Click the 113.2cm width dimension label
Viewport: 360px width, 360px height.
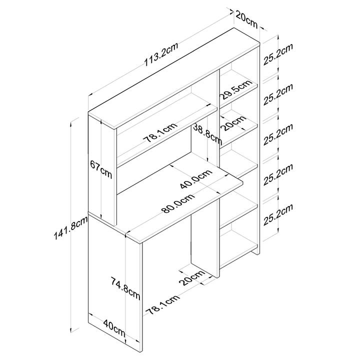[161, 54]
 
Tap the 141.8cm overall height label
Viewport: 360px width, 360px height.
[70, 228]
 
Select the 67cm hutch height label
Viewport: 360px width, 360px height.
[101, 169]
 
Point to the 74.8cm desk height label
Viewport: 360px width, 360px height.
[125, 288]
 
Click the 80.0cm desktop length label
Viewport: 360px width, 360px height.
[178, 202]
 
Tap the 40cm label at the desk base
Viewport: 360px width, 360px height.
[114, 328]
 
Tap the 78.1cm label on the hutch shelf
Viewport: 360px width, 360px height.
[160, 132]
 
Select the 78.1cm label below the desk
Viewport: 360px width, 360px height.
[163, 304]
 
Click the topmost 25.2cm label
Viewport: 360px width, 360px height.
[278, 54]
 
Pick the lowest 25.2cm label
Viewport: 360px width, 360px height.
[278, 214]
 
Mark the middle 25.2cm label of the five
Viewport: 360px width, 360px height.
[278, 134]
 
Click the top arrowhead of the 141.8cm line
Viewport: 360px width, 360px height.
[71, 123]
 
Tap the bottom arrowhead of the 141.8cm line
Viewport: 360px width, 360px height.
[71, 329]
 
